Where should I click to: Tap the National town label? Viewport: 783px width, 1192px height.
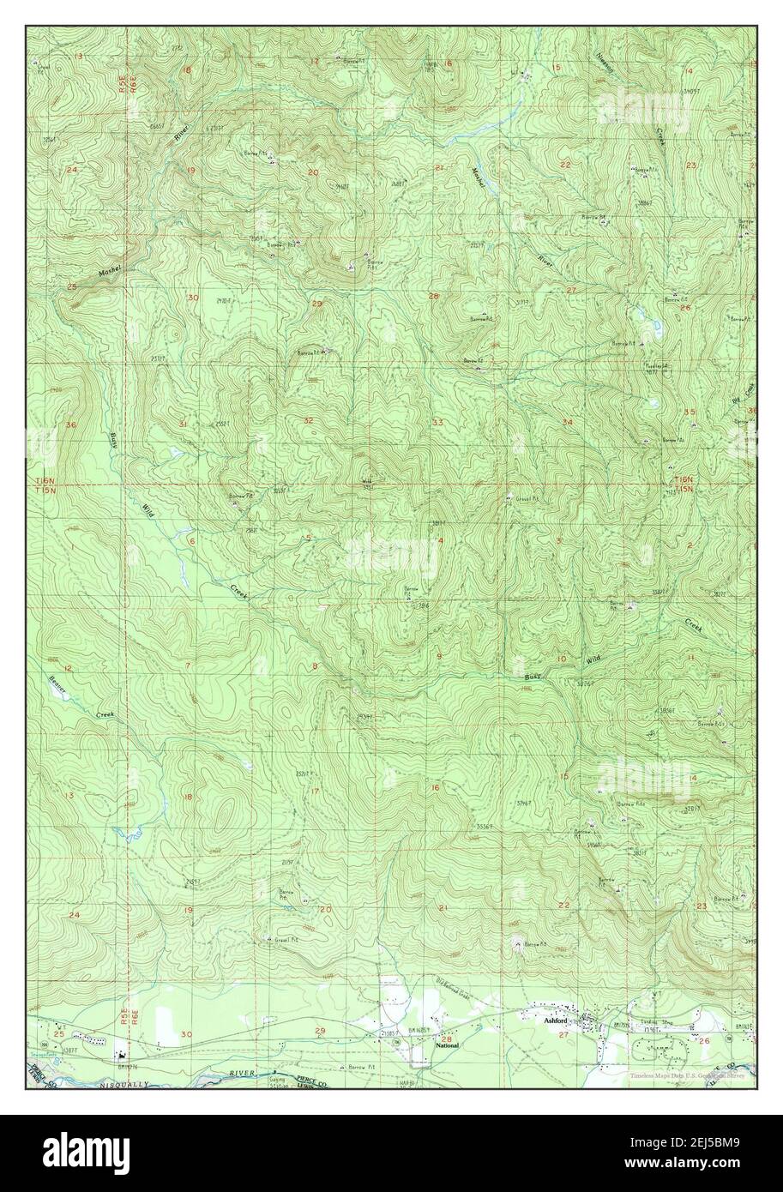447,1046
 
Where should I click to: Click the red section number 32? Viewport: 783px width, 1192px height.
308,420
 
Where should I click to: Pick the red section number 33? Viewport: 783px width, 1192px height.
437,422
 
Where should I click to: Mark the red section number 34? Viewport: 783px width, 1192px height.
567,422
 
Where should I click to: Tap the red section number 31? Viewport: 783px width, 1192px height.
183,424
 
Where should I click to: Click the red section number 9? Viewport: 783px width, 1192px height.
439,656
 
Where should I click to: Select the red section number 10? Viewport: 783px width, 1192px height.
562,659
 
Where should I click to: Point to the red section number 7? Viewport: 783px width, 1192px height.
187,665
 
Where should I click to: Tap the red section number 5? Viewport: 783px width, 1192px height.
308,539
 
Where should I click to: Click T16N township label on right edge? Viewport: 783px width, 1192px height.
683,479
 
